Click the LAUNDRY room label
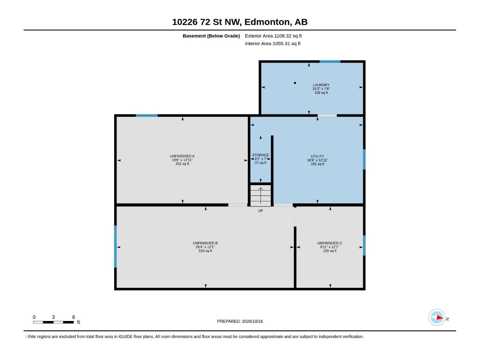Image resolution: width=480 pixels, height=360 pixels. tap(321, 85)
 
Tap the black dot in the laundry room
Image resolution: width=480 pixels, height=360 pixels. tap(295, 83)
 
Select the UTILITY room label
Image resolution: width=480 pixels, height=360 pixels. tap(317, 156)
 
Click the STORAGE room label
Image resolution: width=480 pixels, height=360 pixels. tap(260, 155)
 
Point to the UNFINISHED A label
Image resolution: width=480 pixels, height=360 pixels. tap(182, 156)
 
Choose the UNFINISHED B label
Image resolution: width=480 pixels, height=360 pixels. tap(205, 243)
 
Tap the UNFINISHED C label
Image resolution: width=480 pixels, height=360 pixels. tap(329, 243)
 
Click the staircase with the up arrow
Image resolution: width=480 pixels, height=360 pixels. tap(260, 195)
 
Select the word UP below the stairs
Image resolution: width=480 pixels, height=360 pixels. tap(260, 211)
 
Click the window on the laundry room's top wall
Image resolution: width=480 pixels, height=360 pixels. tap(330, 61)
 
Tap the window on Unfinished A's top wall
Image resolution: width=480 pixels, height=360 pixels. tap(147, 115)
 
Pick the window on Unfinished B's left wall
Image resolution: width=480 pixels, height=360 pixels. tap(115, 247)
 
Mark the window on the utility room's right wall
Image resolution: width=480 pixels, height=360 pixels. tap(364, 159)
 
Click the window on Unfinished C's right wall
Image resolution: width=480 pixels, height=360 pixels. tap(364, 245)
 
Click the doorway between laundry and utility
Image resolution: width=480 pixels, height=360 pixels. tap(327, 115)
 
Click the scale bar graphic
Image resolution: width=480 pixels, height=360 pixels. tap(53, 322)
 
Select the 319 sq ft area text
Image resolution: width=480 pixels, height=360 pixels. tap(205, 251)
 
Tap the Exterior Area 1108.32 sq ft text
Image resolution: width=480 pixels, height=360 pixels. tap(273, 36)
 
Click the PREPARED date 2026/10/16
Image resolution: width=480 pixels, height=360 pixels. tap(252, 321)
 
